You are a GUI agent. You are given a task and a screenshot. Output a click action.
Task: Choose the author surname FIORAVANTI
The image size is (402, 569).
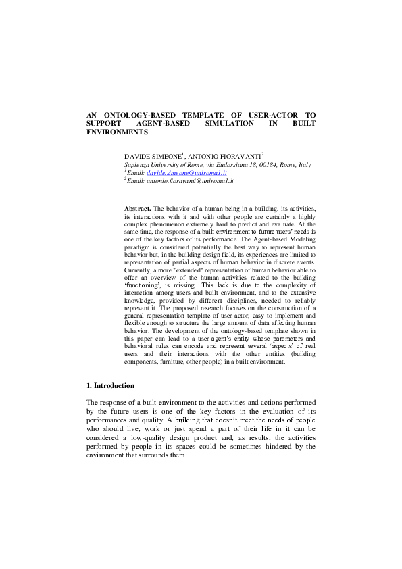(237, 156)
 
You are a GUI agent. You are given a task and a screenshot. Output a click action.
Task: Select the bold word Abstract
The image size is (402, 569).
(138, 209)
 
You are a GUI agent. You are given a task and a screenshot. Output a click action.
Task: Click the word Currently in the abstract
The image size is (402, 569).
(140, 272)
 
